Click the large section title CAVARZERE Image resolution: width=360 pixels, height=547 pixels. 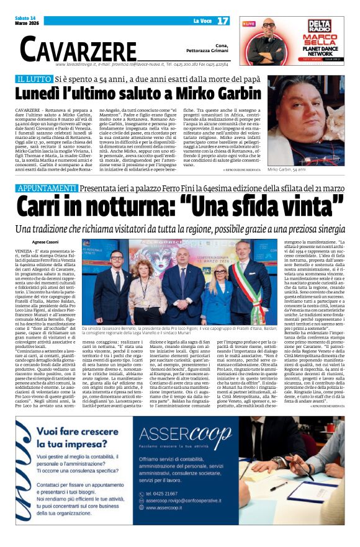[78, 48]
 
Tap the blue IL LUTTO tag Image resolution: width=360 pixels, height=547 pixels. [51, 80]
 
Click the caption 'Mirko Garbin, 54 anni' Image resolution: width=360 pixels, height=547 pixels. [289, 169]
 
